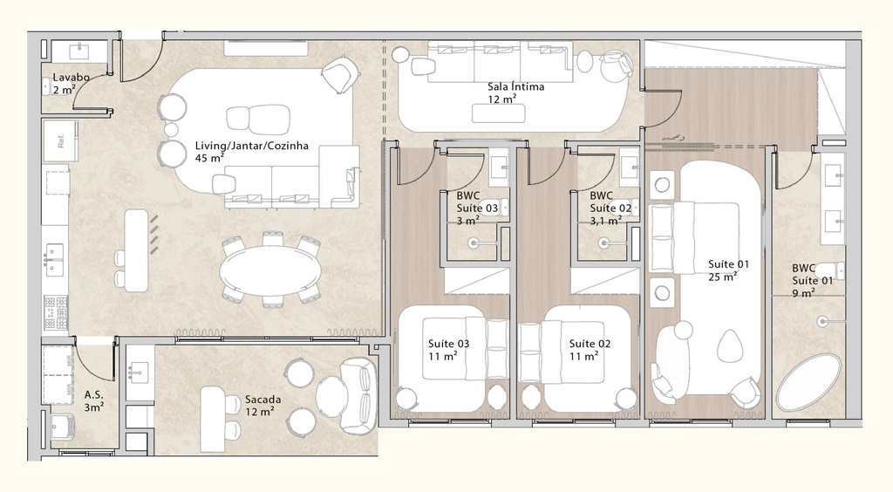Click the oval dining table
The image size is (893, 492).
coord(269,270)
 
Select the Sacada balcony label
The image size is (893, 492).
coord(262,405)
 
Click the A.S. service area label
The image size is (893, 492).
coord(94,400)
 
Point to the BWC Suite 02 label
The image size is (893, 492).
coord(610,208)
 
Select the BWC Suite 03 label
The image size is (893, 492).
coord(477,208)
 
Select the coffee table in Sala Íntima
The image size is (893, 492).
coord(499,113)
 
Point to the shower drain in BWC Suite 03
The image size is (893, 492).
coord(474,245)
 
